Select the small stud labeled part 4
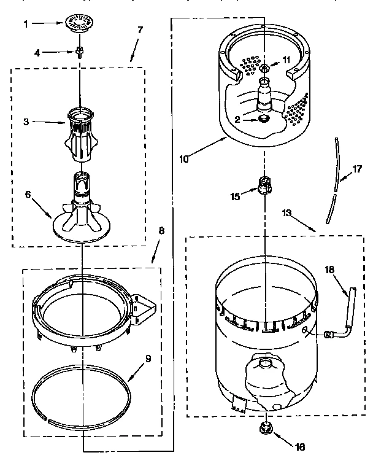[x=80, y=52]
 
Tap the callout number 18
[x=329, y=269]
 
